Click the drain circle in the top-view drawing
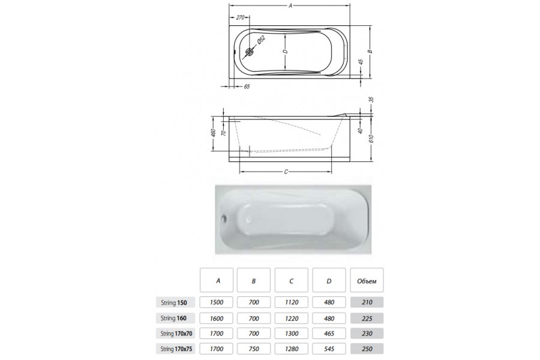click(x=250, y=52)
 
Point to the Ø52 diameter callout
click(x=261, y=40)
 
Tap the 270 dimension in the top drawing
click(x=240, y=17)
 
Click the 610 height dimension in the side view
click(x=371, y=139)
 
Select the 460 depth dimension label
click(x=213, y=132)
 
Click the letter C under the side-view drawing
click(x=286, y=172)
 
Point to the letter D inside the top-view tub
click(x=285, y=52)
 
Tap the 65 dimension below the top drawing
click(x=247, y=86)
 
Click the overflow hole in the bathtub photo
click(x=224, y=218)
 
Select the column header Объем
click(x=367, y=280)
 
